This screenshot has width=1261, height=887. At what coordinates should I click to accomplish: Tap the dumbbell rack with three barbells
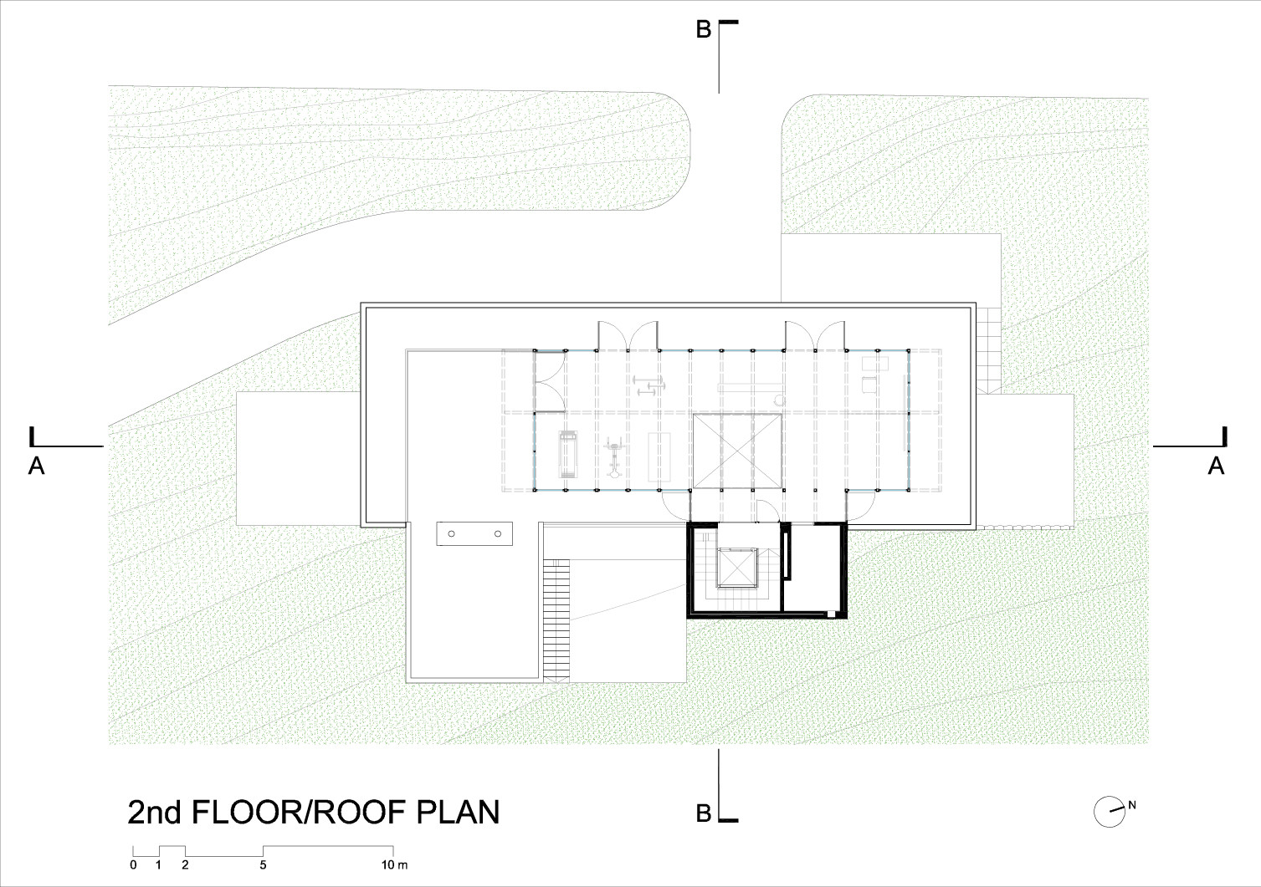tap(648, 385)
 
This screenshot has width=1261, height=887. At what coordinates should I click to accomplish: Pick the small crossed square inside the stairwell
tap(737, 569)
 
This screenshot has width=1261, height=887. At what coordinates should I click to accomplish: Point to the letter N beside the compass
tap(1132, 805)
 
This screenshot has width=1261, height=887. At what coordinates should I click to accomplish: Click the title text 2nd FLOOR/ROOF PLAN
tap(313, 812)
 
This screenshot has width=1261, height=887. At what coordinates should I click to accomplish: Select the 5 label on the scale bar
tap(264, 864)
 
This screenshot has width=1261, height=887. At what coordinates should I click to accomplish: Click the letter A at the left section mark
tap(36, 466)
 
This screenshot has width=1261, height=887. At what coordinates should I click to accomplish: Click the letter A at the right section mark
tap(1216, 466)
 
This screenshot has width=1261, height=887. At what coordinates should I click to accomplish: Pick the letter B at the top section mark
tap(703, 31)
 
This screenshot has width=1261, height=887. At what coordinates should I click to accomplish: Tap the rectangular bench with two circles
tap(474, 533)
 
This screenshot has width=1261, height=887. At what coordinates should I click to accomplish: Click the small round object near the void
tap(780, 400)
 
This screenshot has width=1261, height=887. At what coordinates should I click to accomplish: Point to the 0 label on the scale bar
tap(133, 864)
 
